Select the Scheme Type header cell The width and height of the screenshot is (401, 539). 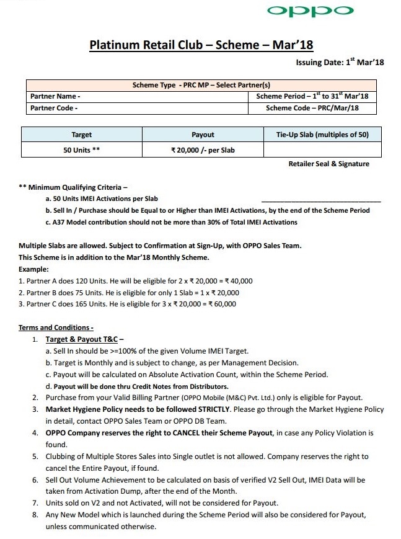201,85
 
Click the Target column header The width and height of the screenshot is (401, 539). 82,135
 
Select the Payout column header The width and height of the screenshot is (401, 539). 203,135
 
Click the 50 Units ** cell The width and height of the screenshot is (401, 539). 82,150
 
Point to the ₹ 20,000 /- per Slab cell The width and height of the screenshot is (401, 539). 203,150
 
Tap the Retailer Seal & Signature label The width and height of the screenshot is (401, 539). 328,164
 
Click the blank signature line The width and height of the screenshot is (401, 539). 321,201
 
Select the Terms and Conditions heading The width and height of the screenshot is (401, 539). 56,327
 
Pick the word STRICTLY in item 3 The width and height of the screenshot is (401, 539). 212,409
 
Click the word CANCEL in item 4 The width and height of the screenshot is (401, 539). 169,432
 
